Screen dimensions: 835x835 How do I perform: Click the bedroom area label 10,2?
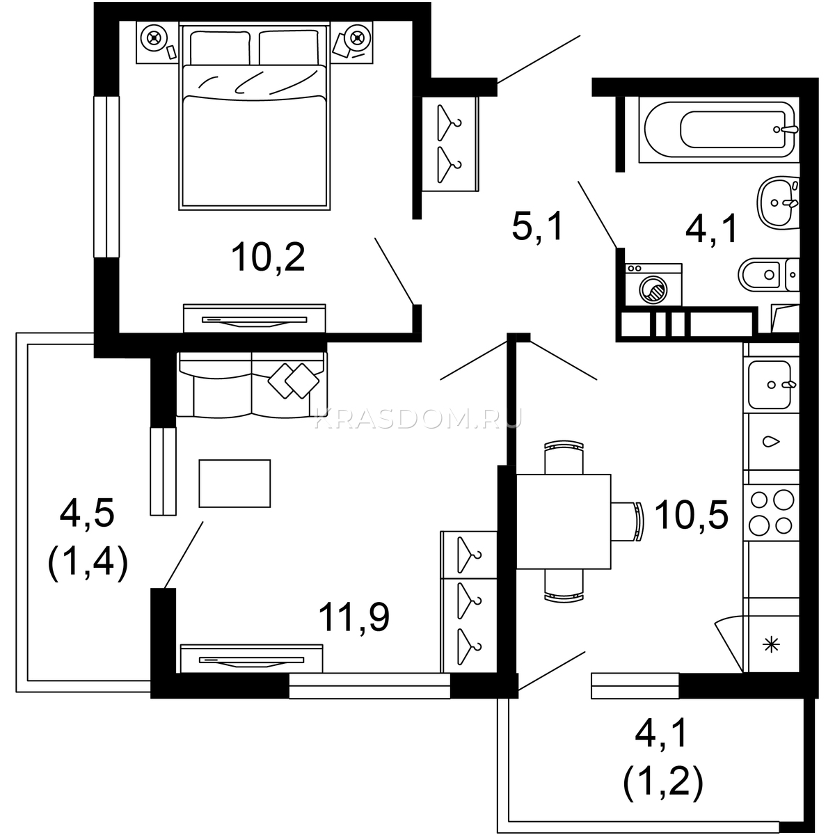point(268,257)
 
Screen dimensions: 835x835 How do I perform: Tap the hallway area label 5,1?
point(537,227)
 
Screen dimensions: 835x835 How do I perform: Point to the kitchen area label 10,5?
point(691,514)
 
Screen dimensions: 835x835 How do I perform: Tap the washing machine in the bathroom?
point(653,285)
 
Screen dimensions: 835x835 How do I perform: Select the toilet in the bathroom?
point(769,275)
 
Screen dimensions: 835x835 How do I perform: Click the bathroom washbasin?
point(778,202)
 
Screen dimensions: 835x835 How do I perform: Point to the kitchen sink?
point(770,385)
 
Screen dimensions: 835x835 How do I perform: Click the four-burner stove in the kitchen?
point(771,512)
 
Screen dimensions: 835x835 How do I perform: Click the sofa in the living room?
point(251,385)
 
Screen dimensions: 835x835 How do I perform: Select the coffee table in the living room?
point(234,483)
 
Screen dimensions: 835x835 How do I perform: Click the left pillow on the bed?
point(220,48)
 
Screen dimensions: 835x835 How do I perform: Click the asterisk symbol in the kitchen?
point(771,645)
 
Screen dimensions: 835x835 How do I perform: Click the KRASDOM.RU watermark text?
point(418,419)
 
